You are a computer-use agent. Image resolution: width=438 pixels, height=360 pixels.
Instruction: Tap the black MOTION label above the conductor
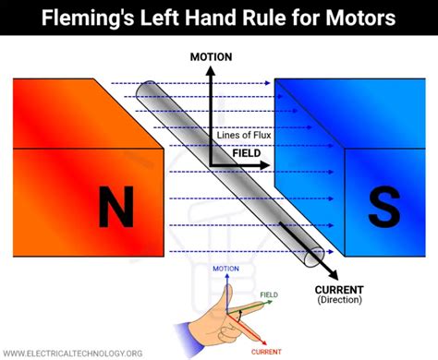click(211, 57)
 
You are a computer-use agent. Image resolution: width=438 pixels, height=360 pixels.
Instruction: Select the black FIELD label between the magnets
click(246, 153)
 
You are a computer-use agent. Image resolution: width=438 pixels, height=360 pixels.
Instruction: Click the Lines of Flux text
click(245, 136)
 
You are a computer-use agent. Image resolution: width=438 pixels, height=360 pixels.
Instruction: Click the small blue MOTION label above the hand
click(225, 269)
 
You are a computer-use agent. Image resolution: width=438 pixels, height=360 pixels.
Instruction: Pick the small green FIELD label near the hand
click(268, 295)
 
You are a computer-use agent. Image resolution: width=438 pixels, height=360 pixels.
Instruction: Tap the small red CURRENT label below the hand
click(264, 352)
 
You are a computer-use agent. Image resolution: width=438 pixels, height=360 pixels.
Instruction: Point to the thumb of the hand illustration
click(225, 294)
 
